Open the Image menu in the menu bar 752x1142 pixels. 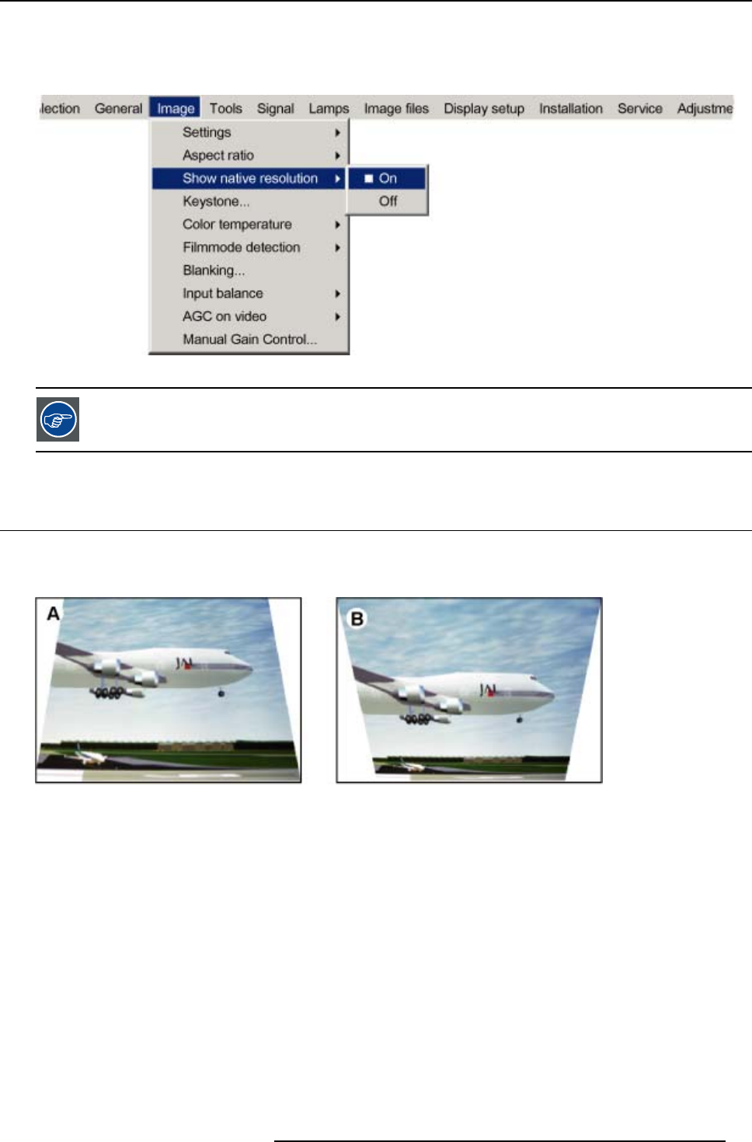coord(175,108)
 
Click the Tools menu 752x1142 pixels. coord(226,108)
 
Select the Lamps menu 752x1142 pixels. coord(329,109)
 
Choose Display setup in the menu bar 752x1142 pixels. coord(484,109)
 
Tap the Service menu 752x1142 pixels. coord(640,108)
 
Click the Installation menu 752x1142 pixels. coord(571,108)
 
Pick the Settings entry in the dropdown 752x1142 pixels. coord(207,132)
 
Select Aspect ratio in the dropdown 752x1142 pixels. coord(218,155)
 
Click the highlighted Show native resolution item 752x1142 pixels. coord(249,179)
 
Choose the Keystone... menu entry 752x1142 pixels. coord(216,201)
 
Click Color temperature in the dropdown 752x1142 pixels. coord(237,225)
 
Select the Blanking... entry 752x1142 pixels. coord(214,271)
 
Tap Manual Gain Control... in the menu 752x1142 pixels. coord(249,339)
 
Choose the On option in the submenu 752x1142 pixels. coord(387,179)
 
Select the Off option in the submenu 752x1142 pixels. coord(388,201)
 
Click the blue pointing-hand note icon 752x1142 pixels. coord(57,420)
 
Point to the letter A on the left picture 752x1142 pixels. coord(53,614)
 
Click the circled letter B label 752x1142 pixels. coord(357,619)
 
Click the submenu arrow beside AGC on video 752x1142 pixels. coord(337,316)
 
